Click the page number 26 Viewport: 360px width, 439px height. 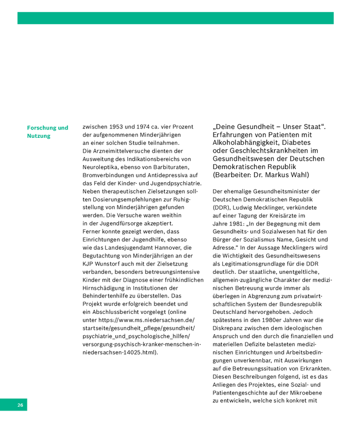coord(20,406)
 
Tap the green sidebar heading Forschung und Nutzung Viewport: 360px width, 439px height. coord(48,132)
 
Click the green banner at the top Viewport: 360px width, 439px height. coord(175,18)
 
